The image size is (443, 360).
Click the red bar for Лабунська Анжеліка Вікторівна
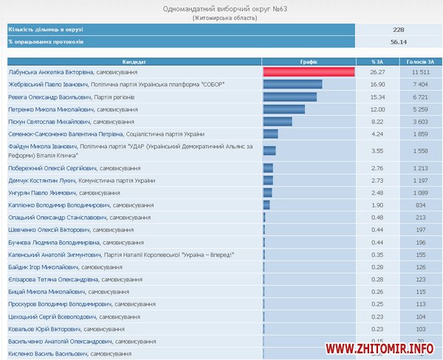click(309, 72)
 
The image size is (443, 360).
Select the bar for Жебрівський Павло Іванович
click(292, 84)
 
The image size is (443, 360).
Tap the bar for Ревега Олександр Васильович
click(289, 97)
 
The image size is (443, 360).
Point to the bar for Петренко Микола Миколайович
click(284, 109)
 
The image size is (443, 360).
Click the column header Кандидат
click(134, 60)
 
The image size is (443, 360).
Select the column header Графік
click(309, 60)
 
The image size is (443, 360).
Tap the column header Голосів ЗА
click(419, 60)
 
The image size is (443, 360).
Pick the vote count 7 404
click(419, 84)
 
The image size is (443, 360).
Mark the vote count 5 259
click(419, 109)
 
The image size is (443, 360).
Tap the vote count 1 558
click(419, 150)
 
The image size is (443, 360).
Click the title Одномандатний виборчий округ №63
click(221, 8)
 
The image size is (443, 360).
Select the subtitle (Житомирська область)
click(221, 18)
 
